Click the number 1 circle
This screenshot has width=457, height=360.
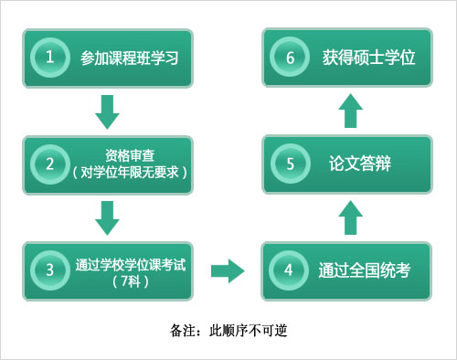click(x=51, y=58)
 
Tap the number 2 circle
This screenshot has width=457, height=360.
click(x=51, y=164)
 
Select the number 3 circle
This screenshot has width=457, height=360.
click(x=51, y=270)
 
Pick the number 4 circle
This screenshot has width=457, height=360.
click(x=289, y=270)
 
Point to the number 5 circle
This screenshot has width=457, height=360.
click(x=289, y=164)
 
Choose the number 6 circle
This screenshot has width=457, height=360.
click(x=289, y=58)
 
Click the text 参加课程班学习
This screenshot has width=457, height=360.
click(x=127, y=58)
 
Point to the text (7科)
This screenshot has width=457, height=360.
click(x=129, y=281)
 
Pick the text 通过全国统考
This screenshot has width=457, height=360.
click(x=362, y=271)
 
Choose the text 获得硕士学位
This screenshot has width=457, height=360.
click(x=368, y=58)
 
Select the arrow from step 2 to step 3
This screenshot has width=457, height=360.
click(x=108, y=217)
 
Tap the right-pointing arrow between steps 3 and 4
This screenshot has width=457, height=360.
click(x=228, y=270)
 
